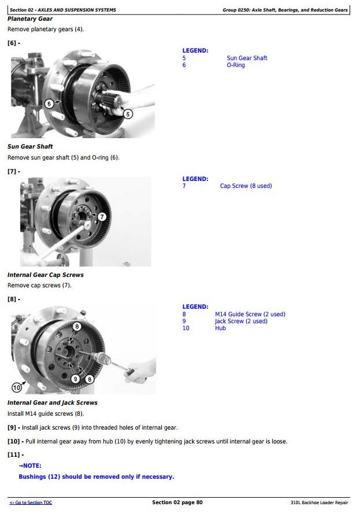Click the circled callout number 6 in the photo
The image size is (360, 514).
coord(49,104)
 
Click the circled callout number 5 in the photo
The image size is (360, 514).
coord(128,114)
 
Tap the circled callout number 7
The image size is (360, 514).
coord(102,217)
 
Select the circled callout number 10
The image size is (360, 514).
coord(16,388)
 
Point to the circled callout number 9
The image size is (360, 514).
coord(75,379)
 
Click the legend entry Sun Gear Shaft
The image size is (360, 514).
coord(247,58)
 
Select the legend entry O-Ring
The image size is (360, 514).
coord(236,65)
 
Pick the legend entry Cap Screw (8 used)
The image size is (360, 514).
coord(246,186)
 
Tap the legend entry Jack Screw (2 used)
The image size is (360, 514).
coord(241,321)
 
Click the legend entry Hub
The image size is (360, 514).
coord(221,328)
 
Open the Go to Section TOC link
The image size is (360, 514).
coord(31,502)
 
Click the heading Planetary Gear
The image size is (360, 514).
coord(30,19)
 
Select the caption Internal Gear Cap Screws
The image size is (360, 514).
coord(46,275)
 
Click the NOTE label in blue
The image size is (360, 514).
coord(30,465)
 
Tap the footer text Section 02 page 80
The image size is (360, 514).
coord(177,502)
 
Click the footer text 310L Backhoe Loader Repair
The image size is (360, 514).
coord(320,502)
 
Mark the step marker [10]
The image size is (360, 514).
coord(13,441)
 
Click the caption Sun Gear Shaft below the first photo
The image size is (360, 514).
coord(30,146)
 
